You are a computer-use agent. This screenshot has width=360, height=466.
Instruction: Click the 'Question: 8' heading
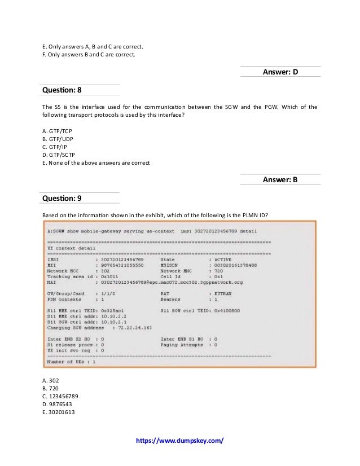(63, 90)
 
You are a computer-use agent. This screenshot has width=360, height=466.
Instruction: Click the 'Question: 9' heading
(63, 198)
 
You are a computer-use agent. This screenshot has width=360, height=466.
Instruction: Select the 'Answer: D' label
(280, 72)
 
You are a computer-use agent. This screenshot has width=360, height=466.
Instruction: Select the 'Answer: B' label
(280, 180)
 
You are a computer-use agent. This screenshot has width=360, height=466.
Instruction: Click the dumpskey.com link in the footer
(179, 439)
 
